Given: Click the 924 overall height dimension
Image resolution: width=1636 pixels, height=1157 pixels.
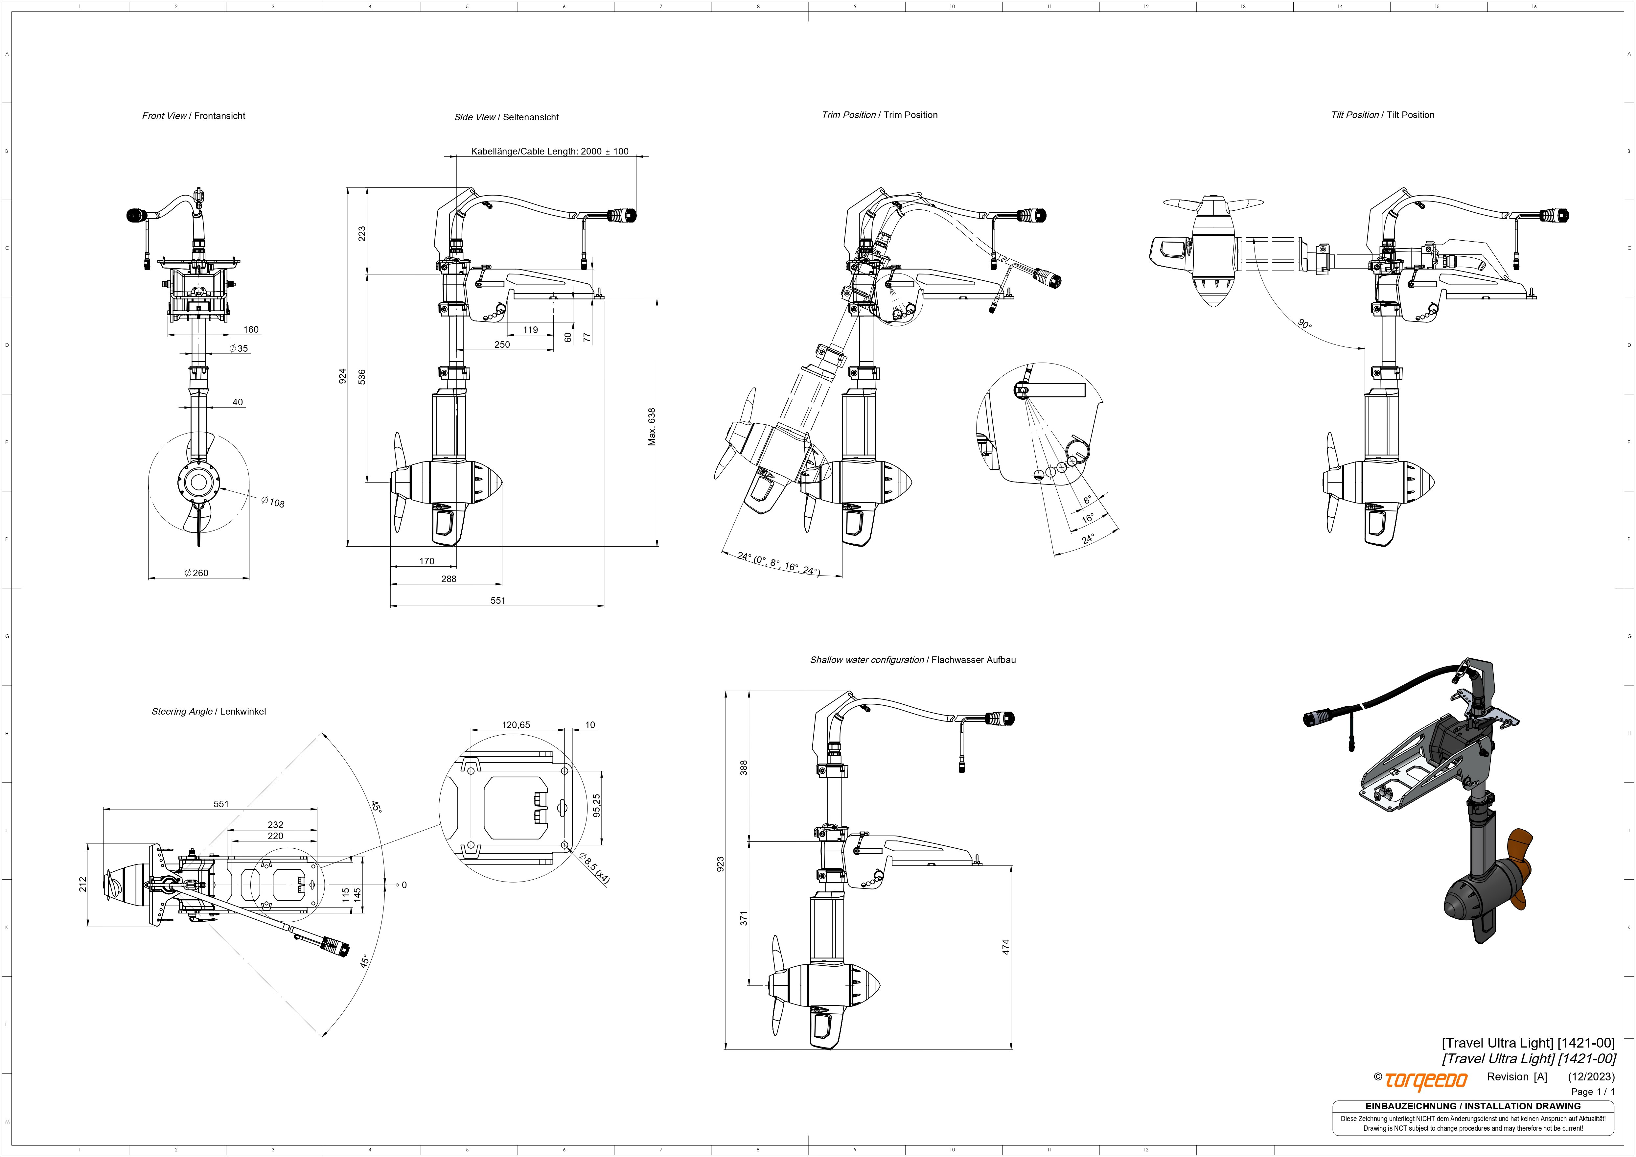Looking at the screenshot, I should coord(343,376).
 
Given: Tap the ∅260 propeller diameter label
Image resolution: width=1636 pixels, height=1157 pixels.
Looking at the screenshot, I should coord(197,573).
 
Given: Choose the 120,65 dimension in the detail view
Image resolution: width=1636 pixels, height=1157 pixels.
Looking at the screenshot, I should coord(516,725).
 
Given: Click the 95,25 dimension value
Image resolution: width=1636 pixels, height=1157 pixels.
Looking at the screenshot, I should coord(596,806).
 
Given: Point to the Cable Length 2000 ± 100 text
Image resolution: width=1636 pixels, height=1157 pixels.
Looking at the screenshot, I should coord(549,151).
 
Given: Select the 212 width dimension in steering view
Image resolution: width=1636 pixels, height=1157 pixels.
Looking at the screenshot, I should coord(83,884).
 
